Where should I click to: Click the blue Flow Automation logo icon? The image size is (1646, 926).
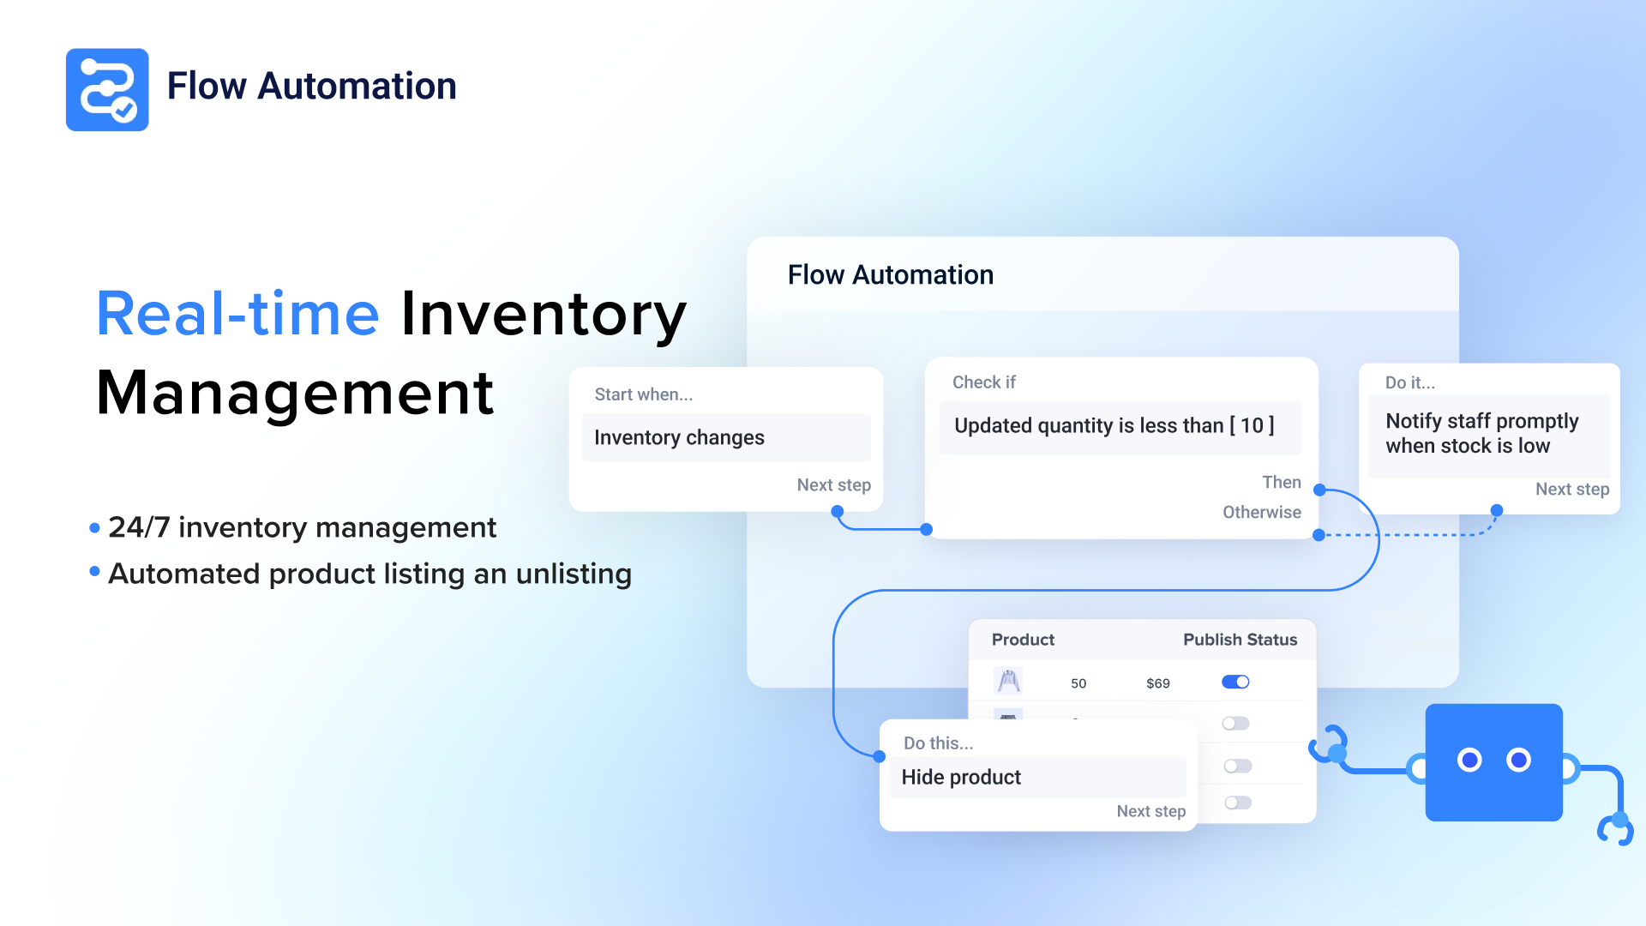pyautogui.click(x=107, y=89)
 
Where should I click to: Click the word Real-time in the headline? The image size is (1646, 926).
pyautogui.click(x=237, y=314)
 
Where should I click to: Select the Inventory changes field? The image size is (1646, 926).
pyautogui.click(x=726, y=437)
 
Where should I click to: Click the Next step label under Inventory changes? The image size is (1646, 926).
pyautogui.click(x=833, y=484)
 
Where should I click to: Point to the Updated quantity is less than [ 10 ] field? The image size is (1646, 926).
pyautogui.click(x=1120, y=426)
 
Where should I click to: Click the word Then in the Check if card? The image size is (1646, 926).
pyautogui.click(x=1282, y=482)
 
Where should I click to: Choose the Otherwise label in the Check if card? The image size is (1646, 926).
pyautogui.click(x=1262, y=512)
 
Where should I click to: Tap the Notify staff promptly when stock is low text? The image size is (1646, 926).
pyautogui.click(x=1481, y=433)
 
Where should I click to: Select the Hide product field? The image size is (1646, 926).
pyautogui.click(x=1038, y=777)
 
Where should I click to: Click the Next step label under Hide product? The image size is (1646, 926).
pyautogui.click(x=1150, y=811)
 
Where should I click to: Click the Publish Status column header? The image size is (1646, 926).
pyautogui.click(x=1240, y=640)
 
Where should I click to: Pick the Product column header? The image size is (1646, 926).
pyautogui.click(x=1023, y=640)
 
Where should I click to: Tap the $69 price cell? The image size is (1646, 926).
pyautogui.click(x=1158, y=683)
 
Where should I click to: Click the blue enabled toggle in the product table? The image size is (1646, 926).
pyautogui.click(x=1235, y=682)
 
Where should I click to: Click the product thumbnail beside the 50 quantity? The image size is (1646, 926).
pyautogui.click(x=1008, y=681)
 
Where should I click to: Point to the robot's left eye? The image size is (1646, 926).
pyautogui.click(x=1469, y=760)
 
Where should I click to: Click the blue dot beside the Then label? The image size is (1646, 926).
pyautogui.click(x=1320, y=490)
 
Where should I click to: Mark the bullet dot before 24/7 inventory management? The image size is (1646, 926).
pyautogui.click(x=94, y=528)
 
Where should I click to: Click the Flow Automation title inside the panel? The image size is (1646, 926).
pyautogui.click(x=891, y=274)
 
